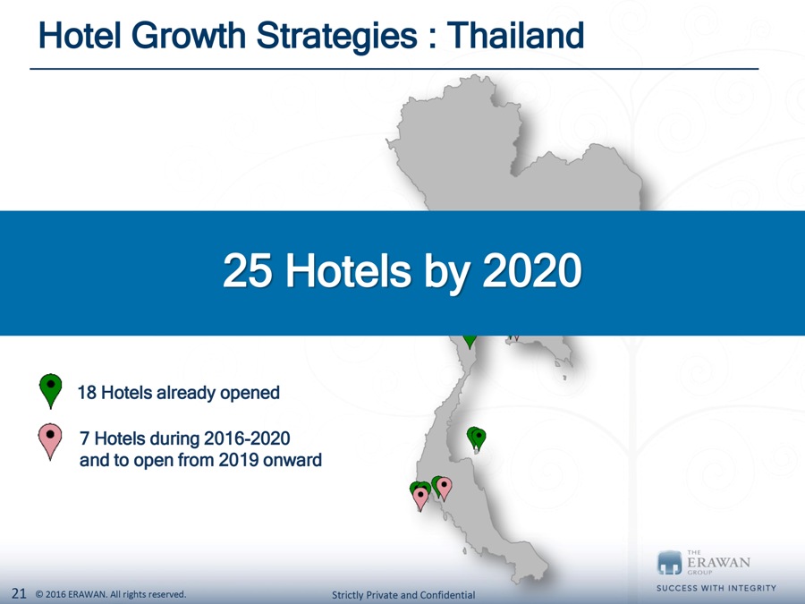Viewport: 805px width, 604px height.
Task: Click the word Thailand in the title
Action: tap(515, 36)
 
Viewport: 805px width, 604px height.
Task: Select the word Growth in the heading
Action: tap(189, 36)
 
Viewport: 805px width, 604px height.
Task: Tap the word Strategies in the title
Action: tap(337, 37)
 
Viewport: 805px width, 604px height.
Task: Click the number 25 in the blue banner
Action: tap(248, 270)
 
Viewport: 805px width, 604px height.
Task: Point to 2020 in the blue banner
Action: tap(532, 270)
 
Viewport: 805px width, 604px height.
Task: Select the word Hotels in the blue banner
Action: tap(348, 270)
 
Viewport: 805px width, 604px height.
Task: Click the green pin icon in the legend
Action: tap(51, 391)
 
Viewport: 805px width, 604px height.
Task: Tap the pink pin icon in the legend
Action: tap(50, 441)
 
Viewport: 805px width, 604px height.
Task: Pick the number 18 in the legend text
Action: tap(87, 393)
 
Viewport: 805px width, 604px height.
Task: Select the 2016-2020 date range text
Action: tap(247, 438)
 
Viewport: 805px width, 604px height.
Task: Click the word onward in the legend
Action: tap(292, 460)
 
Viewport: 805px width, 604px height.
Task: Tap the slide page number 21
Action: tap(19, 594)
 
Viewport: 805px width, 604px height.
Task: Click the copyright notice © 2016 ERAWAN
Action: tap(72, 594)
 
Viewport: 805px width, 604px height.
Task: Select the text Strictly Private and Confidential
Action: tap(403, 595)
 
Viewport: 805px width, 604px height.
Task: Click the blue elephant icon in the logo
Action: tap(669, 563)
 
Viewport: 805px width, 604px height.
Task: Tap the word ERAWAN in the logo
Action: tap(718, 562)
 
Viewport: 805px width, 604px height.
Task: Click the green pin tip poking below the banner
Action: tap(470, 342)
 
